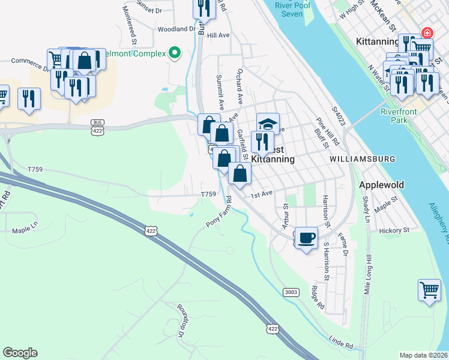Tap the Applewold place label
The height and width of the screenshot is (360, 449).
point(382,185)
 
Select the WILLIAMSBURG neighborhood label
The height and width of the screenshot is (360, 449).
point(362,159)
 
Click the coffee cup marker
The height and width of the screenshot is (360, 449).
point(306,238)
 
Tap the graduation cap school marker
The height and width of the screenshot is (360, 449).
point(268,124)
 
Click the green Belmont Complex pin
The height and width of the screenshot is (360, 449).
point(175,53)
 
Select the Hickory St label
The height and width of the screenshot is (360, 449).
point(394,230)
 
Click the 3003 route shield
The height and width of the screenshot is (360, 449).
point(291,292)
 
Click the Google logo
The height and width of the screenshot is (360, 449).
point(20,353)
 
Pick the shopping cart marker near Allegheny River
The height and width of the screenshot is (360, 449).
point(430,291)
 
